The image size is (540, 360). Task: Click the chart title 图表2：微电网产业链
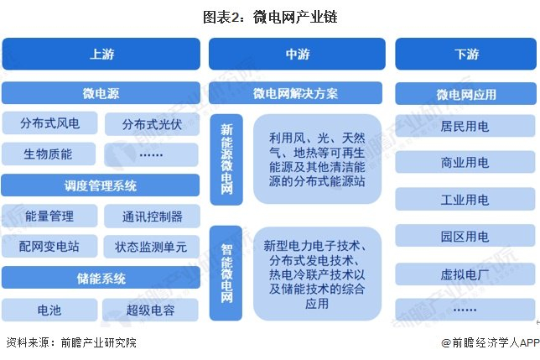tap(270, 16)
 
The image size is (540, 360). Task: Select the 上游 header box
tap(101, 55)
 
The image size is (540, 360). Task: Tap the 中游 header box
tap(297, 55)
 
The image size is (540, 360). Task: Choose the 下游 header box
tap(466, 55)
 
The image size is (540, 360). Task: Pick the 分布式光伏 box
tap(151, 123)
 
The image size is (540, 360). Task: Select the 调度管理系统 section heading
tap(101, 185)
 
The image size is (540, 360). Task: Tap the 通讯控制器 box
tap(151, 217)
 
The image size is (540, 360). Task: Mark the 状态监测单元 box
tap(151, 247)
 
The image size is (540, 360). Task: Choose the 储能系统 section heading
tap(101, 279)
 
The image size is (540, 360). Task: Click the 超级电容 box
tap(151, 310)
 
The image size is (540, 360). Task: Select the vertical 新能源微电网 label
tap(226, 159)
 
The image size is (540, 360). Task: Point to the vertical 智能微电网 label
tap(226, 273)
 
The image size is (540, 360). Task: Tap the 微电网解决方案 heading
tap(297, 93)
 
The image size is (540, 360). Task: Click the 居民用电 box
tap(465, 125)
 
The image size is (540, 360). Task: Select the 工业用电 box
tap(465, 199)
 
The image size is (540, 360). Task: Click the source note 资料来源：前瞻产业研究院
tap(70, 342)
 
